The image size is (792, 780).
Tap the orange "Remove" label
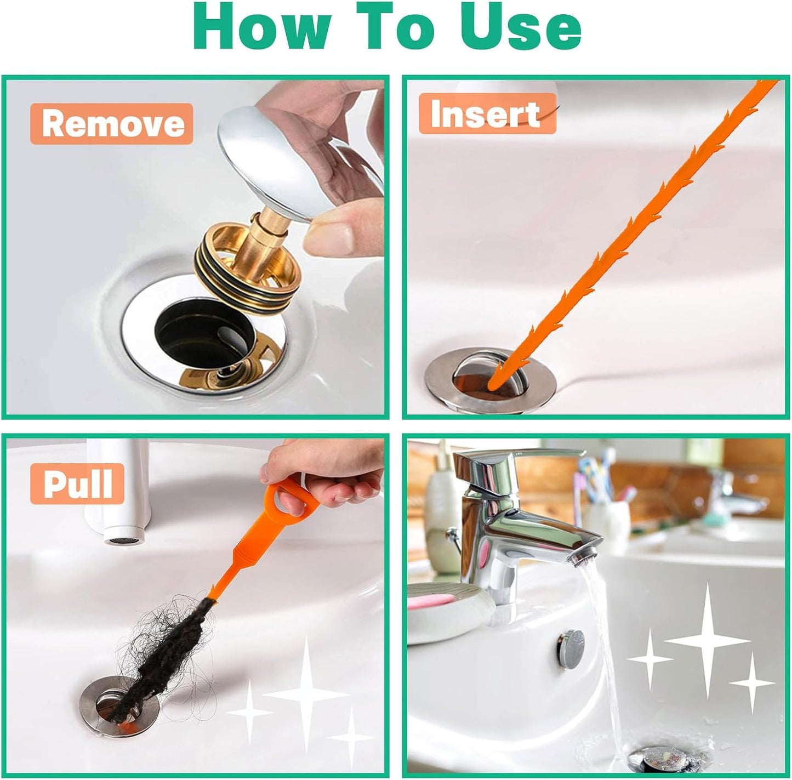coord(112,124)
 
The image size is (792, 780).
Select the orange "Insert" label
coord(487,114)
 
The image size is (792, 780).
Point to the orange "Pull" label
coord(77,483)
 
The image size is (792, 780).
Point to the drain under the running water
coord(658,759)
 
